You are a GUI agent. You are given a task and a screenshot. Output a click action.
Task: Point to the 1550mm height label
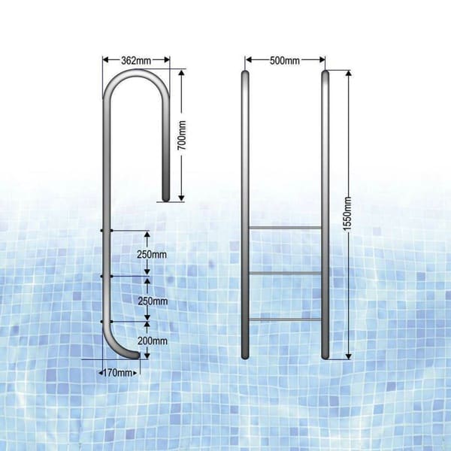click(357, 214)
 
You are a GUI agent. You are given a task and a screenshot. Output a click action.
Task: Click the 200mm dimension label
click(153, 340)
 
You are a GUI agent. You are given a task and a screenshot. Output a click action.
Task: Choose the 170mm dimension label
click(117, 371)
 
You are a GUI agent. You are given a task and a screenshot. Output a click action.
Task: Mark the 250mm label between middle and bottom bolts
click(153, 300)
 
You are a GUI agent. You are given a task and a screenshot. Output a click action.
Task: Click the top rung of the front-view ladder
click(285, 226)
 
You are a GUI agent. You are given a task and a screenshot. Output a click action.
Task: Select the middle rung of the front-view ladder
click(285, 272)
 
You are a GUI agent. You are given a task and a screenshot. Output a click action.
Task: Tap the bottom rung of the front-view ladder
click(285, 319)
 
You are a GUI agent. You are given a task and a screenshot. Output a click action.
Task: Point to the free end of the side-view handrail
click(167, 197)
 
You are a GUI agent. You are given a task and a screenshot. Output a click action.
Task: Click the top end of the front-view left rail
click(244, 74)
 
